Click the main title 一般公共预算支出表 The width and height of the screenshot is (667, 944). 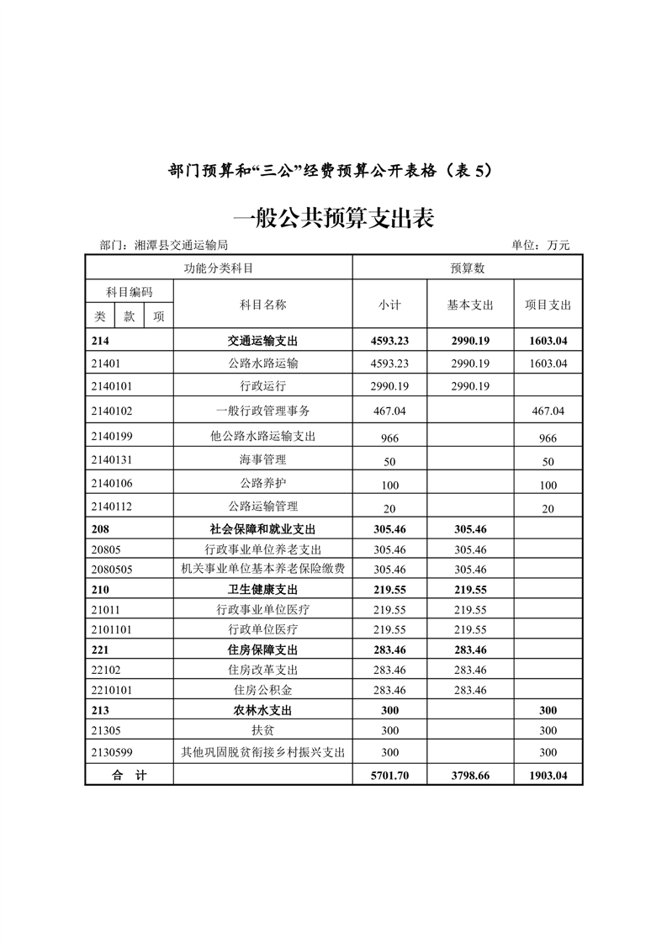333,220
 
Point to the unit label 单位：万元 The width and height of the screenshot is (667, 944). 540,246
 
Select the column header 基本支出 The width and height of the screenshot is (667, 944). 470,305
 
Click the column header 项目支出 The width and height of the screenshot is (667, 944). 548,305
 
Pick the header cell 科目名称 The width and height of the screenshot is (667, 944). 262,305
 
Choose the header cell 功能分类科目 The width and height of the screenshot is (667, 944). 219,268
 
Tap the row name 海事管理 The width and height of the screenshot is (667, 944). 262,460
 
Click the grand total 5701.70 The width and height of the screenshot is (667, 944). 389,776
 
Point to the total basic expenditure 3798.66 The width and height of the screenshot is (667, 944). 470,776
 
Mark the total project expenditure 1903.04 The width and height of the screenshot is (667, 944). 548,776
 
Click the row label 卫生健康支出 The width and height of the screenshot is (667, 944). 262,590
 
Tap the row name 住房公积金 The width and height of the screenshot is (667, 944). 262,690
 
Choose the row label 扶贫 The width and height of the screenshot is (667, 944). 262,730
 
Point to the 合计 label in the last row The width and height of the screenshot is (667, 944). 130,776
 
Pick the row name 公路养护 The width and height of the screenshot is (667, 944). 262,484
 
